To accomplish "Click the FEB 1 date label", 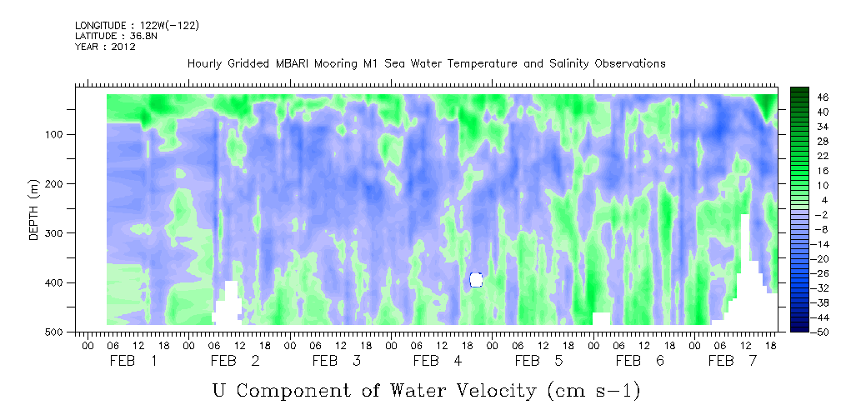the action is point(133,361).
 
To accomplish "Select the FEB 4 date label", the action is point(437,361).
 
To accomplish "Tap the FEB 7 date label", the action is point(732,361).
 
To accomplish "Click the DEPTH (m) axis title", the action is point(33,209).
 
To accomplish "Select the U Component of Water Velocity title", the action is point(427,391).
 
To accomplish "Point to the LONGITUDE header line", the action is point(138,25).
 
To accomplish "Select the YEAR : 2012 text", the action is point(105,47).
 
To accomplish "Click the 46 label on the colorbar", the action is point(808,97).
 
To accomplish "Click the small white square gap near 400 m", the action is point(476,279).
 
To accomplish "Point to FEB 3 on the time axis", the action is point(336,361).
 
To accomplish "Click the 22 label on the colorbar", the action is point(808,159).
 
